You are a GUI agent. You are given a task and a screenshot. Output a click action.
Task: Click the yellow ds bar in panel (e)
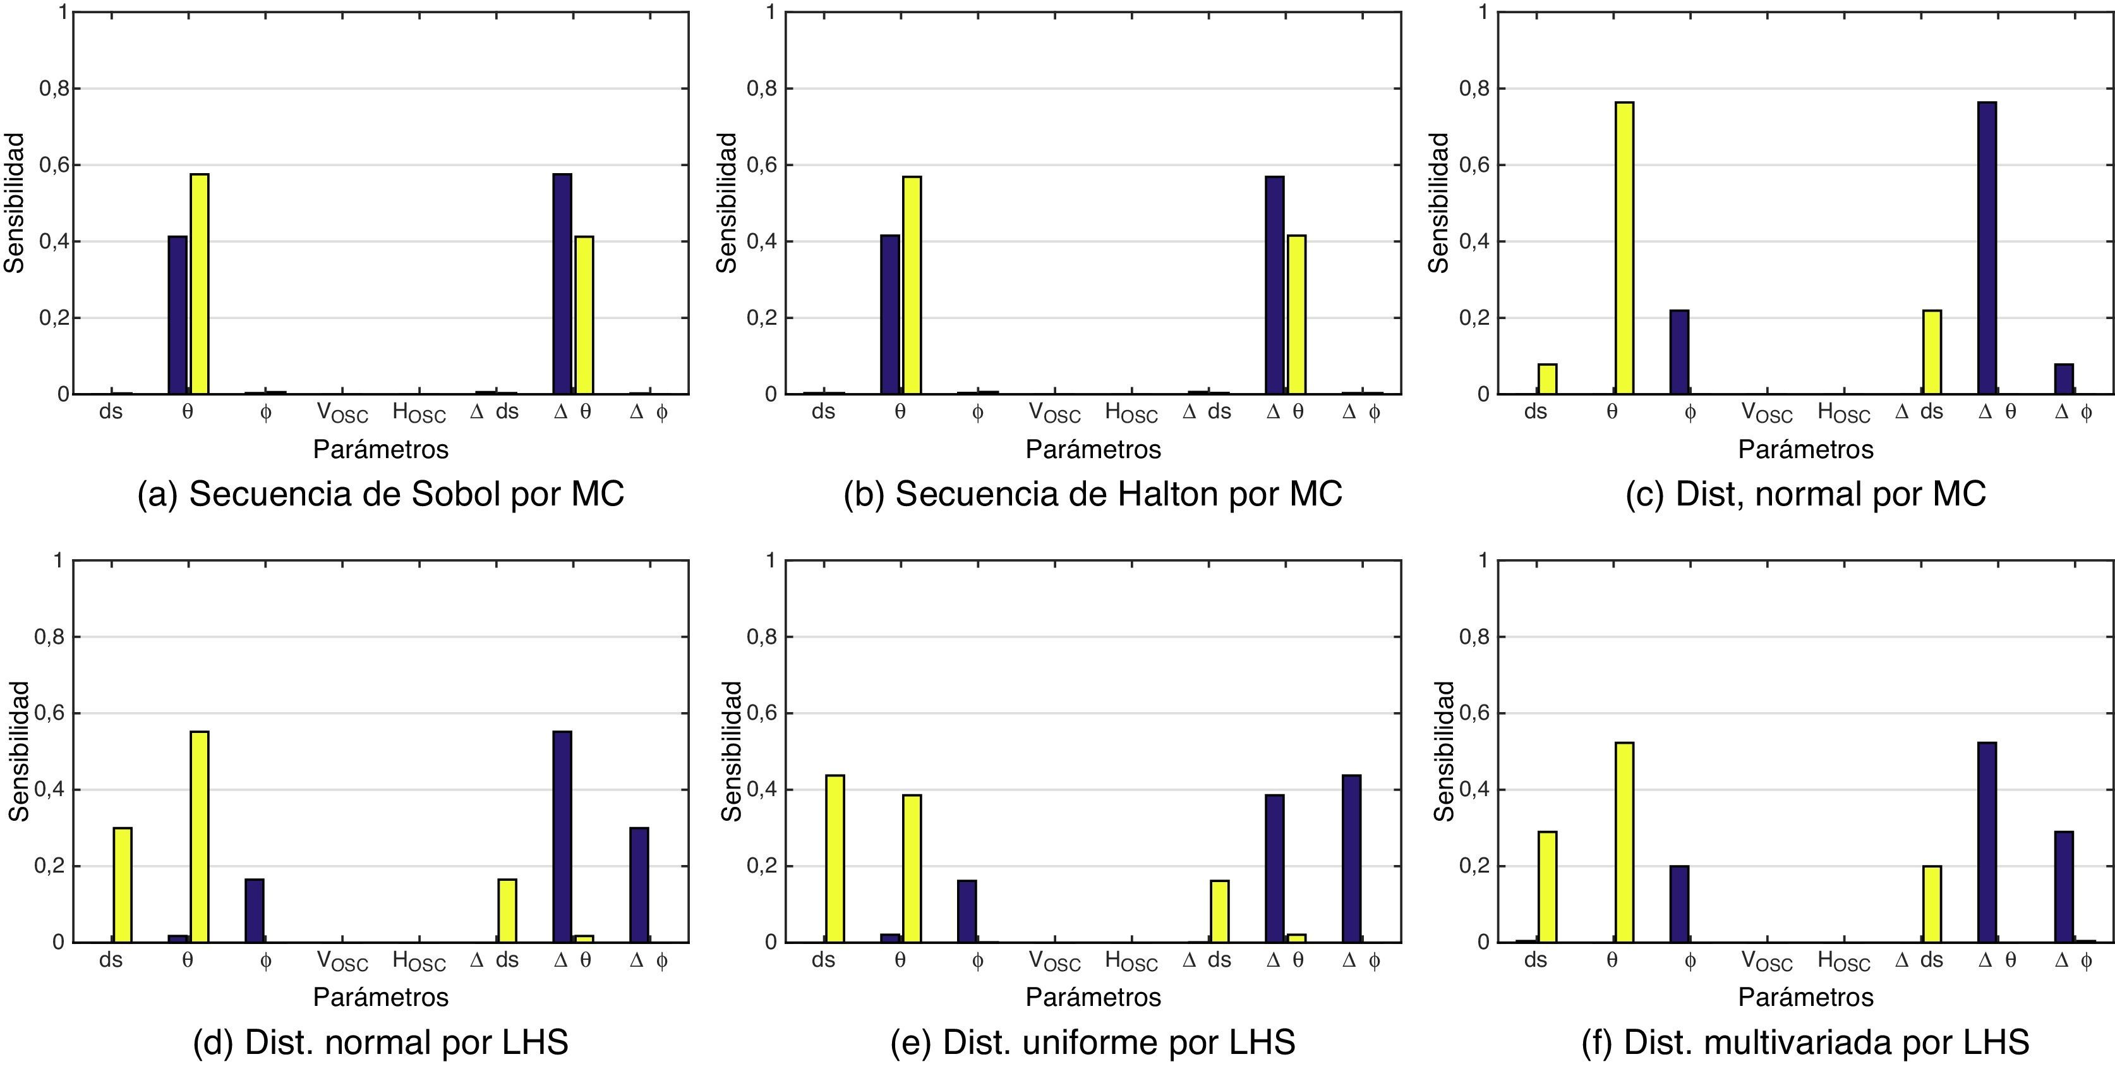[835, 858]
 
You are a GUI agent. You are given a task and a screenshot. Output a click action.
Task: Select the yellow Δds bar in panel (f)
[1932, 904]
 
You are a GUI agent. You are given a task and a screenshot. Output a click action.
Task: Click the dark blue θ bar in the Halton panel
[890, 315]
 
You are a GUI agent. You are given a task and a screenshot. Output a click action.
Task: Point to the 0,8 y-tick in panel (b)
[762, 88]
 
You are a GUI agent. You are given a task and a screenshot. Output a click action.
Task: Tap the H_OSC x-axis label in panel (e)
[1131, 961]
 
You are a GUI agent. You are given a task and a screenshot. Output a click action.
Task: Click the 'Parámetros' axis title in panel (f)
[1805, 997]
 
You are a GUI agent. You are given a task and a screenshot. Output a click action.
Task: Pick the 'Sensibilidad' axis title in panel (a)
[15, 203]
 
